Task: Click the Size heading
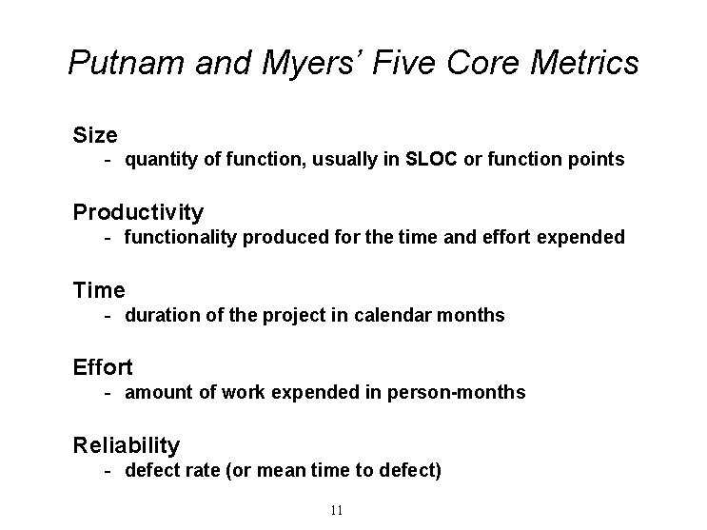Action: [95, 134]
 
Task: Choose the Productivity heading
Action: [138, 211]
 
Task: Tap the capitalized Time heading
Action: [99, 289]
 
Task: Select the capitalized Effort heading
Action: [103, 366]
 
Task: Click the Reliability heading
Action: [127, 444]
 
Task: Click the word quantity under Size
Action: [156, 160]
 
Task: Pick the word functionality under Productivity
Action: [181, 237]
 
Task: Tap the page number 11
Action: [336, 511]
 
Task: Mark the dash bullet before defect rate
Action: [110, 470]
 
